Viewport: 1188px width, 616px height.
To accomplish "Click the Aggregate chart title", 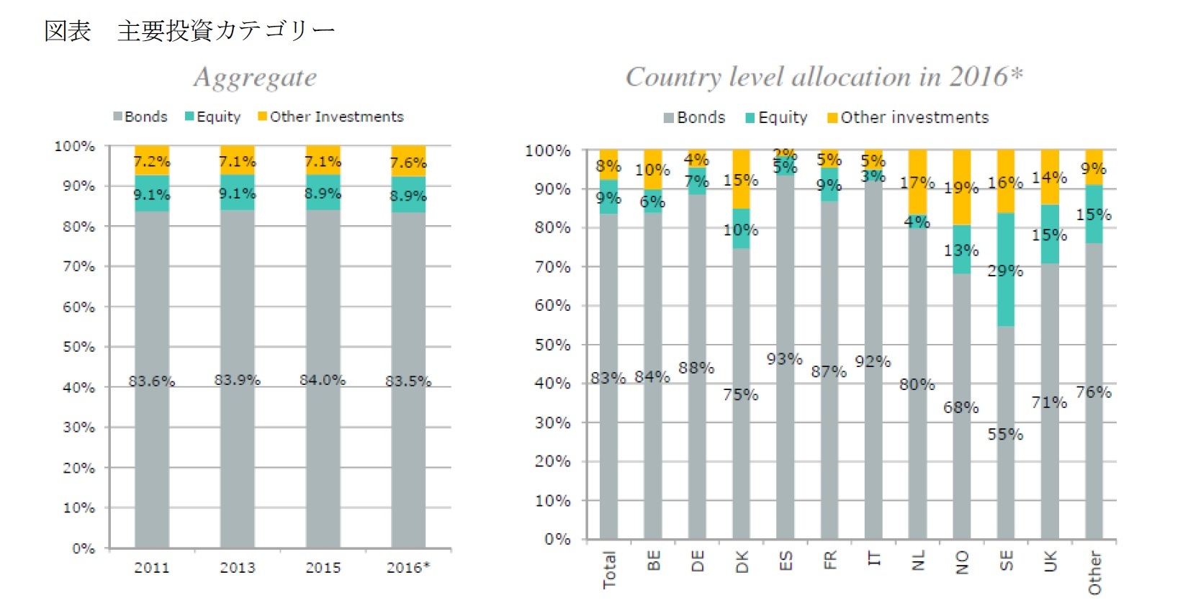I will [x=255, y=78].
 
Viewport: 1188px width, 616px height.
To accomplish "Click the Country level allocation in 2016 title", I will [x=824, y=76].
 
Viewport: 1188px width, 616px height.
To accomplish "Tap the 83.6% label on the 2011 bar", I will [x=152, y=381].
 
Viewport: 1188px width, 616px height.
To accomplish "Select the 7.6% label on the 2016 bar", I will [x=408, y=163].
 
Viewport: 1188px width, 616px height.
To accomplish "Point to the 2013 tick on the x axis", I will [x=238, y=568].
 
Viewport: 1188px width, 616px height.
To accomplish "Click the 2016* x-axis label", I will [x=408, y=568].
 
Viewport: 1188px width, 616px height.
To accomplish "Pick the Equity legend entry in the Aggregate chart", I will [x=213, y=117].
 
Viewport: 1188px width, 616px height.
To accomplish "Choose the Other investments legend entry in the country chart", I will [x=908, y=117].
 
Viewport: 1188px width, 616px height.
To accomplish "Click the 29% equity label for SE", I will [x=1005, y=271].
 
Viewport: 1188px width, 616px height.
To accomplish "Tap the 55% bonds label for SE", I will [x=1005, y=434].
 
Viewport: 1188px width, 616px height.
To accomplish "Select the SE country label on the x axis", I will [x=1007, y=561].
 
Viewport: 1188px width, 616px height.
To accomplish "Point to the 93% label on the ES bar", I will [x=784, y=358].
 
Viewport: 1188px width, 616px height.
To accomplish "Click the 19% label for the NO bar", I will [x=961, y=188].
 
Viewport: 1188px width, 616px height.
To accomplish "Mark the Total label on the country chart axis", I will [x=610, y=570].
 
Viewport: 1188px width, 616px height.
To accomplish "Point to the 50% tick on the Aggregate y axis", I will [x=78, y=347].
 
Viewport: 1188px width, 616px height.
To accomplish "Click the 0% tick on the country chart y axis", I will [x=557, y=539].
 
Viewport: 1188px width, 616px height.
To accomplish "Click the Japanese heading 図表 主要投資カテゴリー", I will [x=189, y=31].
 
